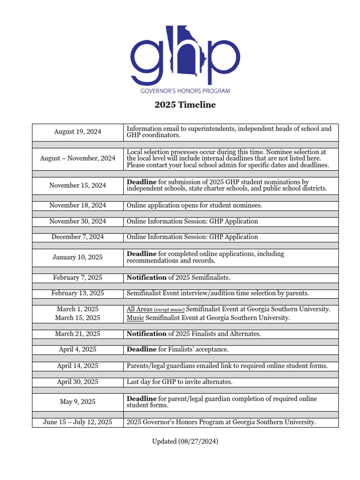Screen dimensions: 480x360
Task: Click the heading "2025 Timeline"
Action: click(185, 105)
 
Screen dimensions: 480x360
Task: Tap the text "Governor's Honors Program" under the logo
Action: click(185, 90)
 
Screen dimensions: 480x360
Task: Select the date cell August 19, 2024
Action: click(77, 132)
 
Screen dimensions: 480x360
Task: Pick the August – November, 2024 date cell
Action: click(77, 158)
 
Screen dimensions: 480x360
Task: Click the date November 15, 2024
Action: click(77, 185)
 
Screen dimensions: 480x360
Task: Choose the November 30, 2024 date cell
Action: click(77, 221)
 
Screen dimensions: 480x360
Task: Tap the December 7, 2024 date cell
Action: click(77, 237)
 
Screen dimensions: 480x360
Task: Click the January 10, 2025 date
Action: click(77, 257)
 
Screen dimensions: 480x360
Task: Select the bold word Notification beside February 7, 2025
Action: click(147, 277)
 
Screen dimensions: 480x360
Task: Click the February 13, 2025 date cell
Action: click(77, 293)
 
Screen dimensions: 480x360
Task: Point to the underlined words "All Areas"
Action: click(139, 309)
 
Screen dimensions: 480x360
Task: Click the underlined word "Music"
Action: click(135, 318)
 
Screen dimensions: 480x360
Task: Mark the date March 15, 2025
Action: click(77, 318)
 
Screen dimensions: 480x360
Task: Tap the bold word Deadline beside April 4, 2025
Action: click(142, 349)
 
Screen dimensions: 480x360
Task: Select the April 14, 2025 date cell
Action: click(77, 366)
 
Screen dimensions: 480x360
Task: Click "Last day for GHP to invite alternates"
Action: click(180, 382)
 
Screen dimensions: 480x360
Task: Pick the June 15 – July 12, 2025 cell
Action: click(77, 422)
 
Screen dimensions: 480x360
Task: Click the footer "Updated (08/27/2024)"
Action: click(185, 442)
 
